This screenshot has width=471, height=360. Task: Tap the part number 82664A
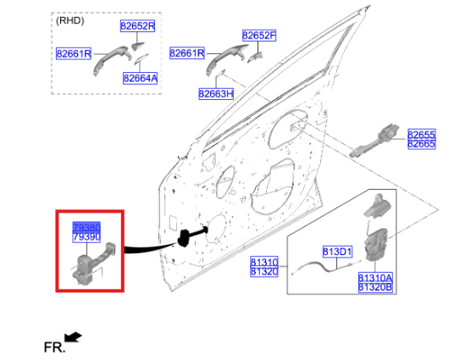click(140, 79)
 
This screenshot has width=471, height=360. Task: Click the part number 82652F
click(258, 36)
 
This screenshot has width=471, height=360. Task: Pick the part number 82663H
click(216, 93)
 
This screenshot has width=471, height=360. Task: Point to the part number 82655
click(421, 135)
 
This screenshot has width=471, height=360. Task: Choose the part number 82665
click(421, 145)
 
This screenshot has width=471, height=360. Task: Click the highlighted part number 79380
click(86, 228)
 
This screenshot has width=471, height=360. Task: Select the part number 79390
click(86, 238)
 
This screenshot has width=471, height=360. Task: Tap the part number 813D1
click(335, 252)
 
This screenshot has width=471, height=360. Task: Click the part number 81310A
click(374, 277)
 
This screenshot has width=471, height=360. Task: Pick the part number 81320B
click(374, 287)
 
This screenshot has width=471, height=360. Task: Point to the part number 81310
click(263, 262)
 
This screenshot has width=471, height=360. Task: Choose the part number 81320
click(263, 272)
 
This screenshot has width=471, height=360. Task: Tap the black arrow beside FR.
click(74, 338)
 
